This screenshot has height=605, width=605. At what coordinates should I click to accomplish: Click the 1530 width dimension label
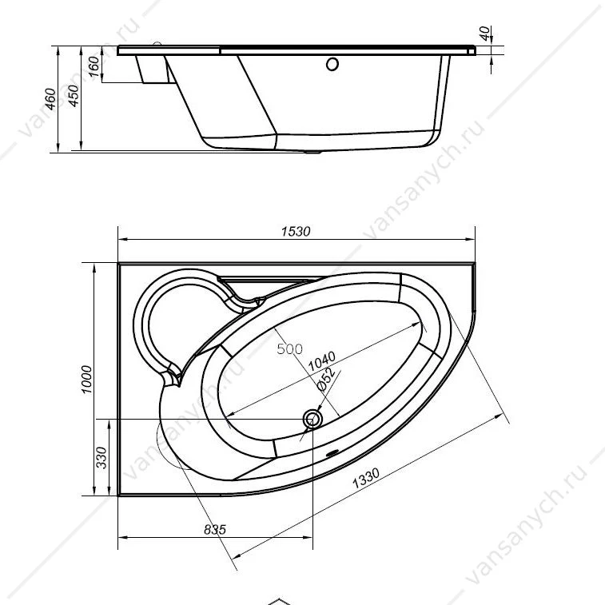[296, 231]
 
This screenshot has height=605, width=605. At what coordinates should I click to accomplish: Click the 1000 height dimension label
[87, 380]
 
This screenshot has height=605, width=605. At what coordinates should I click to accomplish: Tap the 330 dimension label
[101, 458]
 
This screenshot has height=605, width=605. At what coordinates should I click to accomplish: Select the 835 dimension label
[215, 529]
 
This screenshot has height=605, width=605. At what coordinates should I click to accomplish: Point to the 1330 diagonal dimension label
[366, 478]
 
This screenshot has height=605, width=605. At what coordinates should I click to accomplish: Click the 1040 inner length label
[322, 361]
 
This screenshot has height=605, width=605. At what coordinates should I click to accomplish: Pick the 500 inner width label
[290, 348]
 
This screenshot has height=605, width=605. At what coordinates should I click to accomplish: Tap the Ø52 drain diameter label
[325, 380]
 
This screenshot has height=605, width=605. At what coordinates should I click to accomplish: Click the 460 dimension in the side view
[50, 99]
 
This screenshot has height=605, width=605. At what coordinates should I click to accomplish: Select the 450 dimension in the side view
[74, 95]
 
